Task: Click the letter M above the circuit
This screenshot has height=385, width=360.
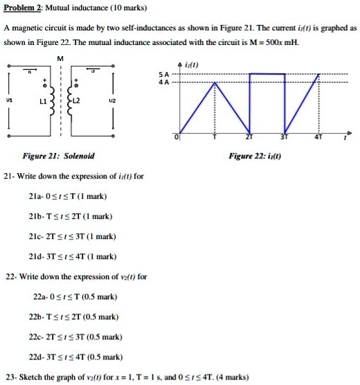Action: click(62, 58)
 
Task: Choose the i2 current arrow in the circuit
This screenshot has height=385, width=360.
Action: click(90, 71)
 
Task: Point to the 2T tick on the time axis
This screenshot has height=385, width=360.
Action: click(249, 137)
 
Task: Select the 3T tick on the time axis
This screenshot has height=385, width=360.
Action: click(282, 137)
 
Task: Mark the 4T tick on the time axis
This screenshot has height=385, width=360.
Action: click(318, 137)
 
